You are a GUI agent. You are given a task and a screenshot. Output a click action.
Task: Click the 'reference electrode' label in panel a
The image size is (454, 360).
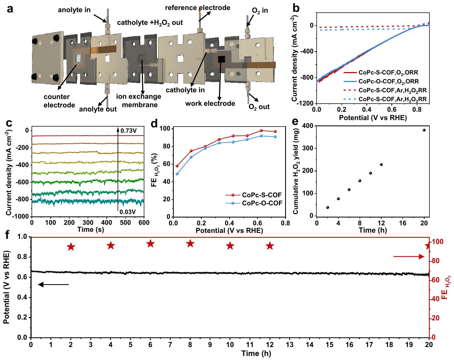197,8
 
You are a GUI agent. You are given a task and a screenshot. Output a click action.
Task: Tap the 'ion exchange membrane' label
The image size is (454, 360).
139,100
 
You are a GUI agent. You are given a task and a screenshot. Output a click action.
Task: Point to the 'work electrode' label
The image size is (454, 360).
210,103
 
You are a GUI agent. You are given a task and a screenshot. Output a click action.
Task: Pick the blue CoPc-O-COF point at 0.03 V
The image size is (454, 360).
177,174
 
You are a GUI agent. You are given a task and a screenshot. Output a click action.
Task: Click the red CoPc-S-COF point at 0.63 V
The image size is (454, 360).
261,131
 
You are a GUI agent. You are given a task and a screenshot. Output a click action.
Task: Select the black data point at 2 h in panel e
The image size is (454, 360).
327,207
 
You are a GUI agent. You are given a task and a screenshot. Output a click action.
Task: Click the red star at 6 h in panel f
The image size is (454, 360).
151,244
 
